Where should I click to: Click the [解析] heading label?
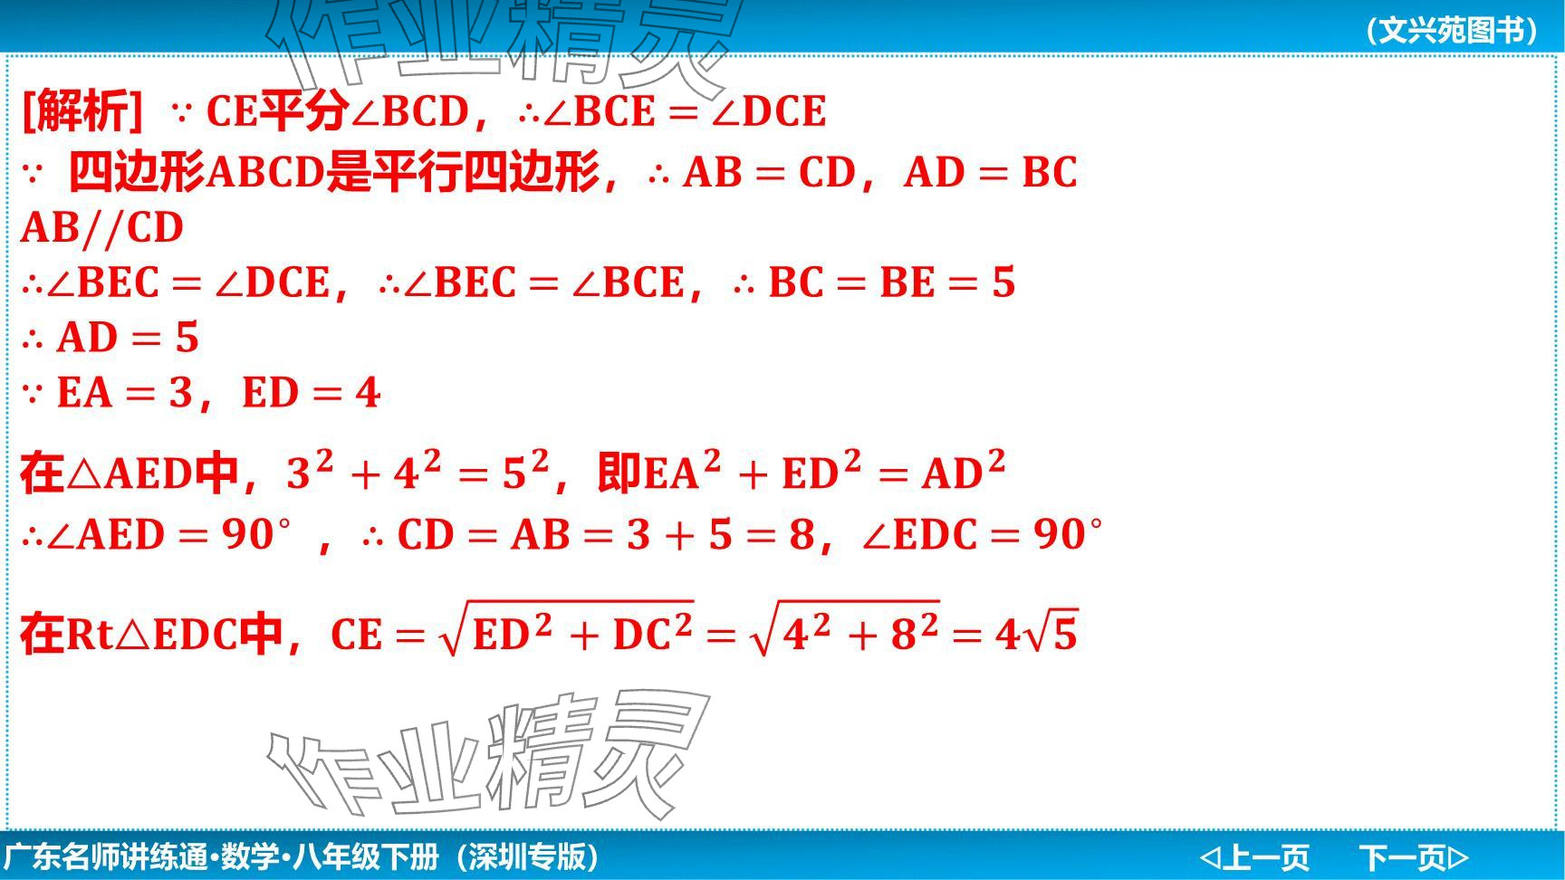(82, 111)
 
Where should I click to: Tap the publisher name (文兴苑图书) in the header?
(1452, 30)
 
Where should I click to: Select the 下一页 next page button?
(1414, 856)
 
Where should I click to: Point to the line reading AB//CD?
(102, 227)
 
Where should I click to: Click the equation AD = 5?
(128, 338)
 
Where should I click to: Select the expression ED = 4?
(311, 393)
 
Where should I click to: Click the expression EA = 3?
(125, 393)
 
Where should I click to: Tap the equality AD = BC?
(991, 172)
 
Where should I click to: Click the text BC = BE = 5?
(892, 282)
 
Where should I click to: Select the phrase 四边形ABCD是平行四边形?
(334, 172)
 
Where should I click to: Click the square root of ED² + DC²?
(566, 629)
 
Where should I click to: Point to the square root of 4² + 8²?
(845, 629)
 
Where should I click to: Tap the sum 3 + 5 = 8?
(721, 534)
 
